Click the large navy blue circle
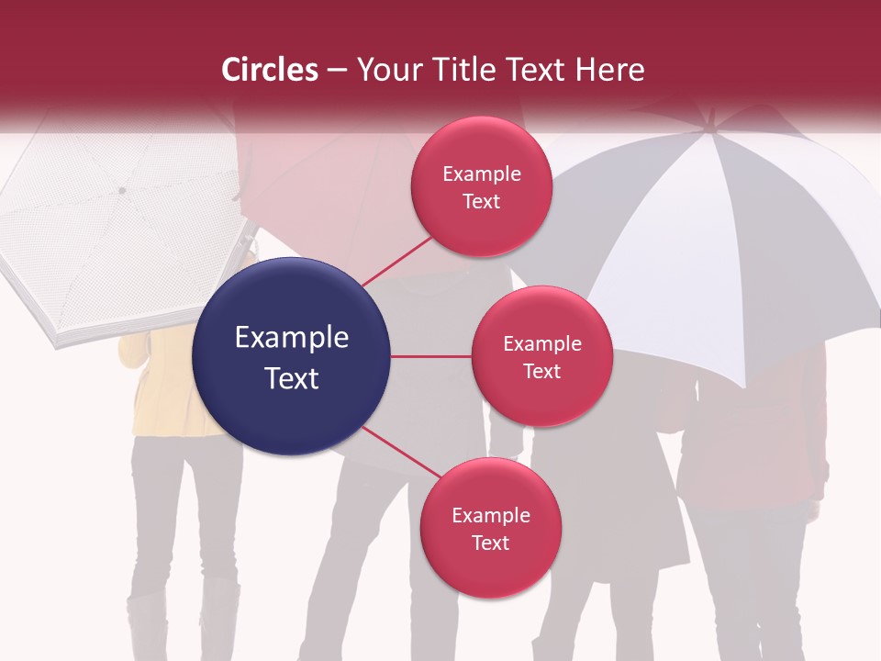[292, 356]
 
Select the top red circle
[481, 186]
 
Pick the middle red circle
[541, 356]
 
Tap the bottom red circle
[490, 528]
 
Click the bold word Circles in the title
[269, 70]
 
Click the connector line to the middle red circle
[431, 356]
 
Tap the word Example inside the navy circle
[292, 338]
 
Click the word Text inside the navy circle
[292, 378]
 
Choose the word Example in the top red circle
[482, 174]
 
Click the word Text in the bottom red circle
[490, 543]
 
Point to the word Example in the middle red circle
[542, 344]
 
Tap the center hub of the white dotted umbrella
[121, 191]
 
